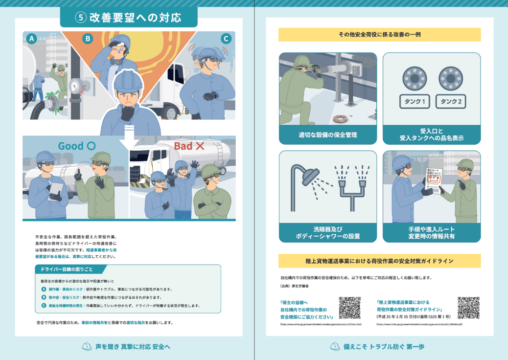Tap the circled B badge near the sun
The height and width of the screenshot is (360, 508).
tap(88, 39)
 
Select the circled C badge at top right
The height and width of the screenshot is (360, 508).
tap(226, 39)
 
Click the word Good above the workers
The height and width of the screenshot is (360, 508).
tap(71, 146)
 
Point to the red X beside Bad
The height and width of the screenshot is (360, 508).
tap(200, 146)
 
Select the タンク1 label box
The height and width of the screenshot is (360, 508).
tap(415, 102)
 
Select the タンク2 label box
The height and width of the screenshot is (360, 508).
tap(450, 102)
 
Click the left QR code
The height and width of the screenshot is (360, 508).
tap(349, 308)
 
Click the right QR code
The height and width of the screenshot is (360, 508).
tap(468, 308)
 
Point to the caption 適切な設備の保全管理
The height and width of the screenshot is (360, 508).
tap(327, 135)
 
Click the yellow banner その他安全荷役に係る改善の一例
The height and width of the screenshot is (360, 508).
tap(379, 35)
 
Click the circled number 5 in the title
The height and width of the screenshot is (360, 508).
tap(81, 18)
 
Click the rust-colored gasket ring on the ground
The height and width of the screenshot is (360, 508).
tap(338, 119)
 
